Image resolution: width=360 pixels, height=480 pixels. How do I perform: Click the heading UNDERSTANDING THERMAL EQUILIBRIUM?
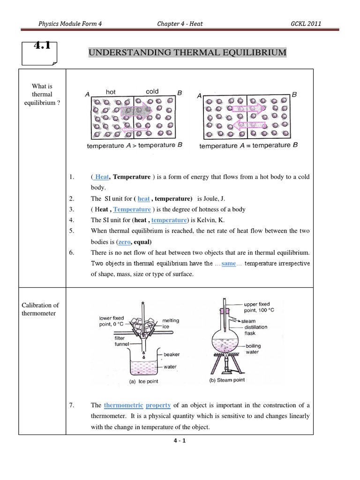tap(187, 52)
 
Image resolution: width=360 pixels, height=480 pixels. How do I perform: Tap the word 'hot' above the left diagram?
tap(111, 92)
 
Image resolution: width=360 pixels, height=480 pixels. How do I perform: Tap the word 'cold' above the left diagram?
tap(152, 92)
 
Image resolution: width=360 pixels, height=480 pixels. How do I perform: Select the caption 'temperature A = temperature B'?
tap(248, 145)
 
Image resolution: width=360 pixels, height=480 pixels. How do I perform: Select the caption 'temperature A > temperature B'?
tap(134, 145)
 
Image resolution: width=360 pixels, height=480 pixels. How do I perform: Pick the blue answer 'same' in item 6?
tap(229, 263)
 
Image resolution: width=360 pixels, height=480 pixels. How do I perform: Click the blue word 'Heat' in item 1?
tap(102, 177)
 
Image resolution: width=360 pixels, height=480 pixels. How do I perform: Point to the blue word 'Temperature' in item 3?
tap(132, 209)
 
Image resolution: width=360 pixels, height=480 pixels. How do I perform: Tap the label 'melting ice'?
tap(170, 322)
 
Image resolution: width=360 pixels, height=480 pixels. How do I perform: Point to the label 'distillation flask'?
tap(255, 330)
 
